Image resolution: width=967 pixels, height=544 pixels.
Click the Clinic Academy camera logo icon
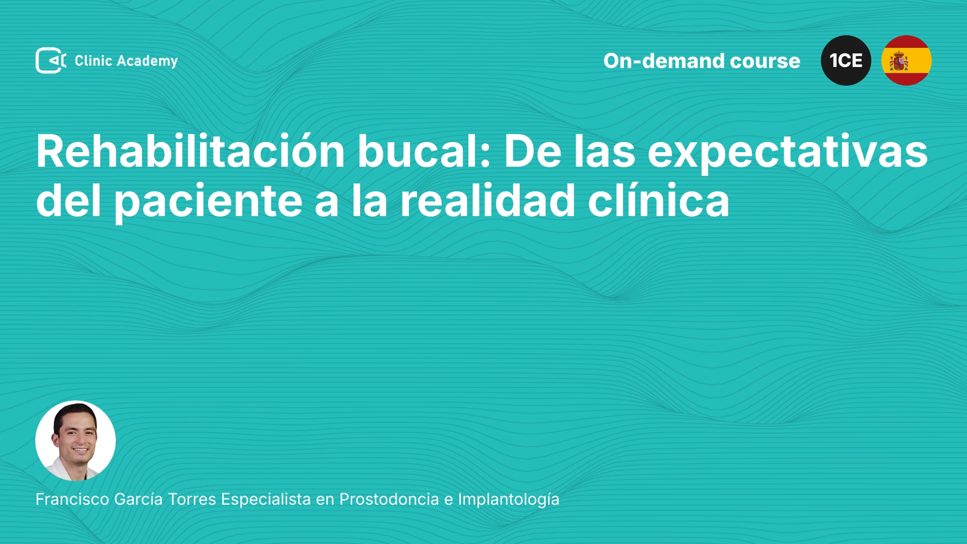point(51,60)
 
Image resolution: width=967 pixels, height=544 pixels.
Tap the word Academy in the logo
point(147,61)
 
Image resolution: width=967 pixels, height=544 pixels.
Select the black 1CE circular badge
point(846,60)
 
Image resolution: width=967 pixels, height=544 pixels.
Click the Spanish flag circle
point(907,60)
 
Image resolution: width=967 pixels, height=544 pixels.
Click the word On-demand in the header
point(663,61)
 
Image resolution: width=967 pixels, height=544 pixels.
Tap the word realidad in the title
point(488,201)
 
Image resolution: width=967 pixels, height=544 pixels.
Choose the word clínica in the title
point(659,201)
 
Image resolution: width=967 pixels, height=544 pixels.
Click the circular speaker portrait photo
point(76,441)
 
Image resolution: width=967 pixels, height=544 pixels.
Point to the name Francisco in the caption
point(73,499)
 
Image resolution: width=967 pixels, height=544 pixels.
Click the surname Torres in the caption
point(192,499)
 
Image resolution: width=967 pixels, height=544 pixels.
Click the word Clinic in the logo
point(93,61)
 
